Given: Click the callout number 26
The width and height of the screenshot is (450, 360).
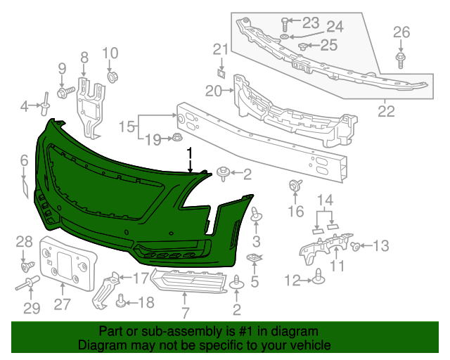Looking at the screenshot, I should click(401, 32).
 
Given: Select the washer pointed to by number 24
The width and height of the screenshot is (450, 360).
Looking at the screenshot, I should click(283, 35).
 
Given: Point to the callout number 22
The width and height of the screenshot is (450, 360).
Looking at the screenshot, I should click(386, 110).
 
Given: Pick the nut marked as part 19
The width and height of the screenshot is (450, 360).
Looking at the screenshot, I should click(176, 138).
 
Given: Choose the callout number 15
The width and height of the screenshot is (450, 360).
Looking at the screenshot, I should click(127, 127).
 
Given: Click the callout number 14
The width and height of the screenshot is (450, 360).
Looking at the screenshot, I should click(324, 201).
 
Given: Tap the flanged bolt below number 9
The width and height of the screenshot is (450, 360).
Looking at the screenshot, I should click(65, 91).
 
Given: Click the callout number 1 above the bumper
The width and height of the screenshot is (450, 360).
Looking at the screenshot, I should click(189, 152).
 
